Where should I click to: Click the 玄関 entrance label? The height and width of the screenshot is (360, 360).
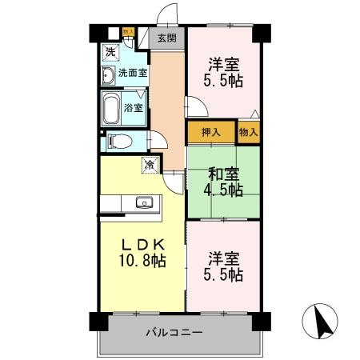coord(166,38)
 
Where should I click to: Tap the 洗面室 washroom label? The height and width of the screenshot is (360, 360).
coord(132,73)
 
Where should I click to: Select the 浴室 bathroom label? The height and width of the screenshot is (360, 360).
coord(133,106)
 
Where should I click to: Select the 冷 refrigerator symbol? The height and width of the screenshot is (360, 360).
coord(149,165)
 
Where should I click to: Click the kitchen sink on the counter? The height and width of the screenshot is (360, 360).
coord(145,202)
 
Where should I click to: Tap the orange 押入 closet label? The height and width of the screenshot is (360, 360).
coord(211,132)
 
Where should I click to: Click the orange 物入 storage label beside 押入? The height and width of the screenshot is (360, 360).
coord(249,132)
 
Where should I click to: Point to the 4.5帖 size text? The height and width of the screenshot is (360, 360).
coord(224,190)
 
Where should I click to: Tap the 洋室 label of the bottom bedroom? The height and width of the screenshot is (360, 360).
coord(224,258)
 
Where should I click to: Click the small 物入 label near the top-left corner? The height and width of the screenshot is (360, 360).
coord(128,33)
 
